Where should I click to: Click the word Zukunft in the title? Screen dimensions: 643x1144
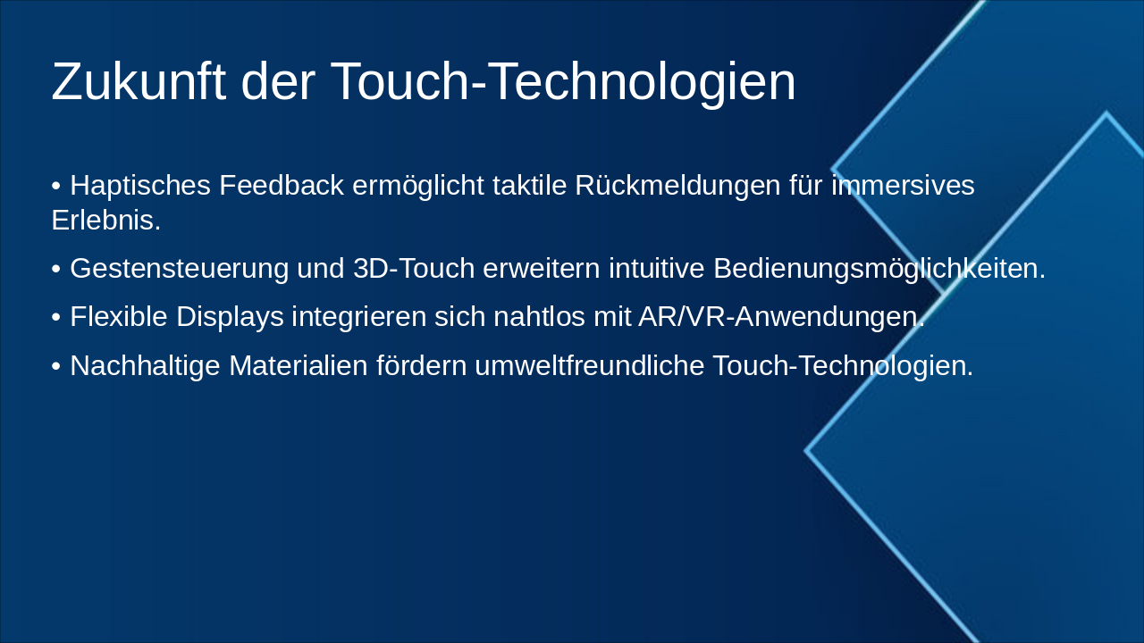139,82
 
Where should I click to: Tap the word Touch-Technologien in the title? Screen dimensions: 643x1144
563,82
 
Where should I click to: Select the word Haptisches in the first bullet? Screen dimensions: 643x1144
140,187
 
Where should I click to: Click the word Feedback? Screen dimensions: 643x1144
282,186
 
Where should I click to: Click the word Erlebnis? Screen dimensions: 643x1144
105,221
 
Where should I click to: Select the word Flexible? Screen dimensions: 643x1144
119,317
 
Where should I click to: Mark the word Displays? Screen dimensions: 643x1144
230,317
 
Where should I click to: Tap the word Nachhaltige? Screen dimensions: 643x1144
145,366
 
